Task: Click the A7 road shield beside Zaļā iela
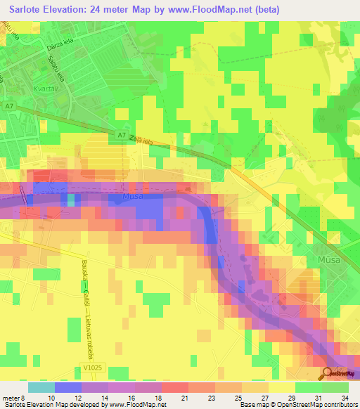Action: coord(121,135)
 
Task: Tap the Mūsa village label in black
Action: coord(321,259)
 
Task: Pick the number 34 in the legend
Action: coord(345,397)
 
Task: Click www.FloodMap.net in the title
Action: coord(212,10)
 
